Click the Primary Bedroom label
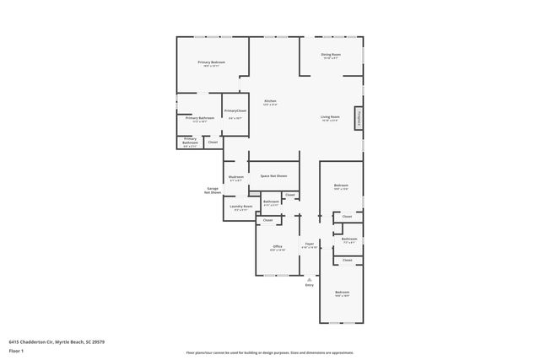211,62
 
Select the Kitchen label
270,101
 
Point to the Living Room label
329,117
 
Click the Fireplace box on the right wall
359,119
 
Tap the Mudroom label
235,177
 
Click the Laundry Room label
240,207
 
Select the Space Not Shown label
273,176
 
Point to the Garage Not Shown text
213,191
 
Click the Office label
278,246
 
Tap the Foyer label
310,244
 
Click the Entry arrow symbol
309,278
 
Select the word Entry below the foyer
309,285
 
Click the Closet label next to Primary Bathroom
213,142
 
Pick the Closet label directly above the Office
267,220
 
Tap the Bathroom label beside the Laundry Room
271,201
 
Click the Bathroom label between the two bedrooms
349,239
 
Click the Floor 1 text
16,350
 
